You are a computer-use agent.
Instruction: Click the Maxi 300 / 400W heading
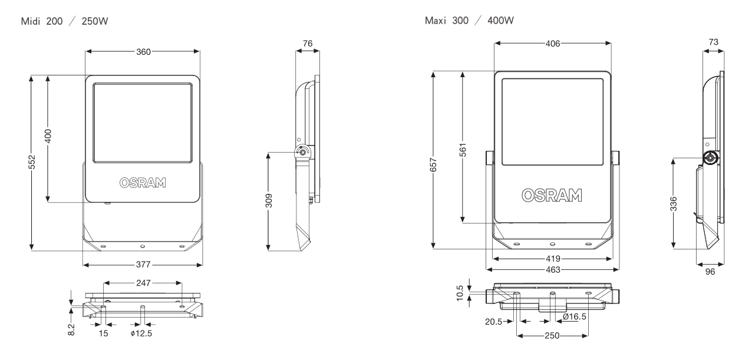point(469,22)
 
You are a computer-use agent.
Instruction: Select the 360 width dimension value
point(143,51)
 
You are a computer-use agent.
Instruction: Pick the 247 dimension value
point(143,283)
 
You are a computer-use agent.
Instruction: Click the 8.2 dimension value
point(71,329)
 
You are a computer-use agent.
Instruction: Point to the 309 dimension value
point(269,201)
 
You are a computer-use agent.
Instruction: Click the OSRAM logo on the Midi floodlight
point(143,182)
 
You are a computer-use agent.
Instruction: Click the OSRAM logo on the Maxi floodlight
point(552,195)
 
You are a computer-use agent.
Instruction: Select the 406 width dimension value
point(552,44)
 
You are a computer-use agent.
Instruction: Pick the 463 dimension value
point(552,269)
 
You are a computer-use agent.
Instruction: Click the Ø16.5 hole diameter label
point(575,317)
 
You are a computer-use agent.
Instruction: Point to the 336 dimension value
point(674,203)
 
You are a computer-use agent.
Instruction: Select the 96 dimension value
point(710,273)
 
